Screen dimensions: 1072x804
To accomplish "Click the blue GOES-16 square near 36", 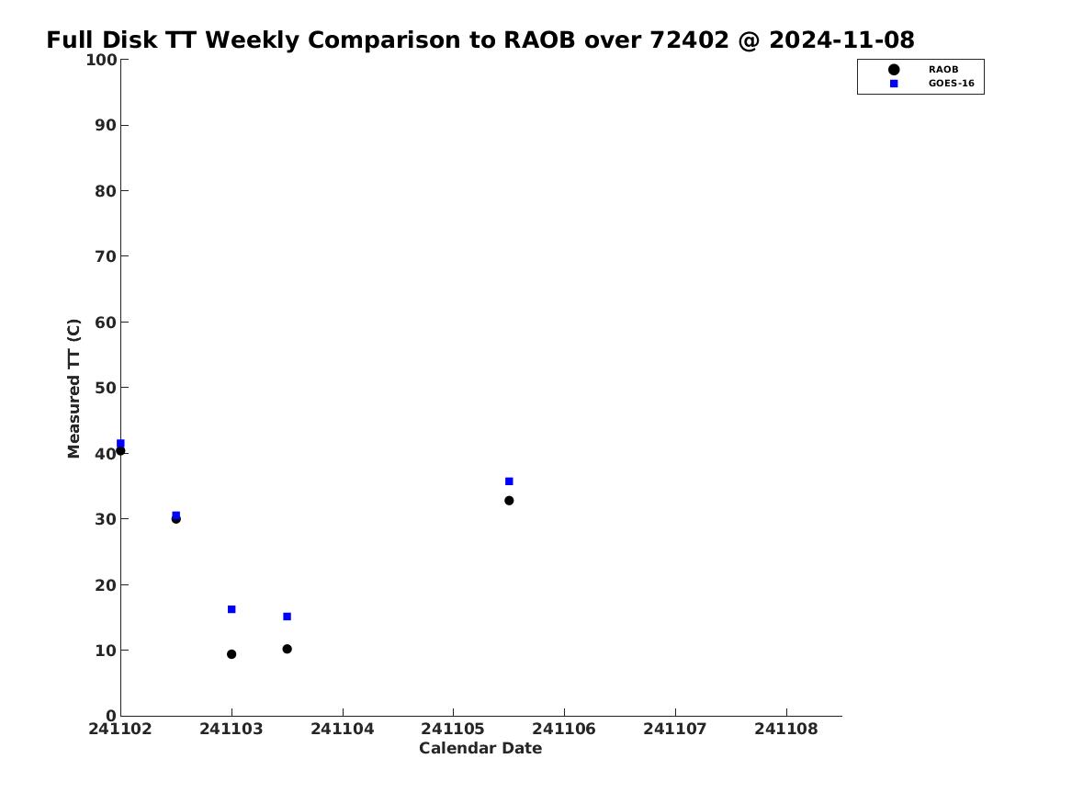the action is [x=509, y=481].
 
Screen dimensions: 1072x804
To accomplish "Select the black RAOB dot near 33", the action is [x=509, y=501].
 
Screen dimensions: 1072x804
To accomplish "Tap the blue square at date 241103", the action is [x=231, y=609].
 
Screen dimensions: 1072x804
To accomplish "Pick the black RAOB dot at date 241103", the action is [x=231, y=654].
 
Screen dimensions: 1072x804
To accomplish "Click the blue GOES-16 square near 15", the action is [x=288, y=617].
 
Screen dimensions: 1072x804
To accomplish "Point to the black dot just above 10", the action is [x=288, y=649].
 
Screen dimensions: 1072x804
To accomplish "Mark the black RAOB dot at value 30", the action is [x=175, y=519].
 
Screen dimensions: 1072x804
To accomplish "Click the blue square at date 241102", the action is [x=120, y=443].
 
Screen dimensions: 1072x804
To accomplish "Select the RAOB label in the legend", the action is [x=942, y=70].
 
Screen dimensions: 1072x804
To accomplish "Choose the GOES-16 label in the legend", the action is [x=951, y=84].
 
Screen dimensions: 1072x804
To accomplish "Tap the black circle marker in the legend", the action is [x=894, y=70].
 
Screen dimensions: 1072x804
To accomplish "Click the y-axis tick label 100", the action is [x=101, y=60].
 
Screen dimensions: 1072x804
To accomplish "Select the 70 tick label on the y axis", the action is [x=106, y=256].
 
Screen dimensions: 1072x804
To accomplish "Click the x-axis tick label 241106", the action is [x=564, y=730].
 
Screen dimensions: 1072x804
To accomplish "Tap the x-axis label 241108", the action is [x=786, y=730].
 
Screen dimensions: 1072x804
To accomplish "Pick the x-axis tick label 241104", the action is [x=343, y=730].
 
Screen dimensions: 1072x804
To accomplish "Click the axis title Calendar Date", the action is [x=480, y=749].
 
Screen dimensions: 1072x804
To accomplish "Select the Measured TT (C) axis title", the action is [x=73, y=389].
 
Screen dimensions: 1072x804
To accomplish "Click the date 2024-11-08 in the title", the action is [x=841, y=40].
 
